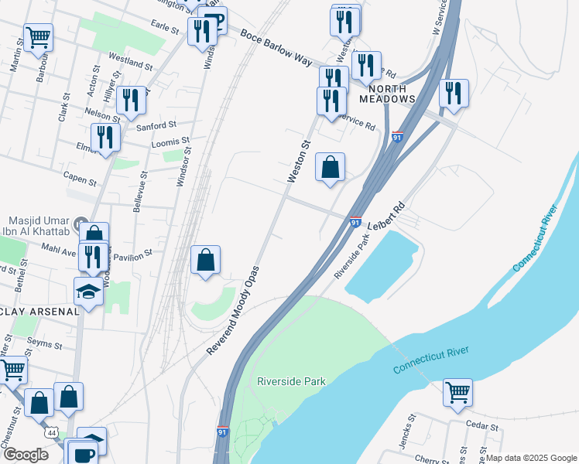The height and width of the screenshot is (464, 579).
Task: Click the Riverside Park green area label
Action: (291, 381)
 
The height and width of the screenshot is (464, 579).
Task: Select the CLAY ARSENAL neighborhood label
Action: (39, 312)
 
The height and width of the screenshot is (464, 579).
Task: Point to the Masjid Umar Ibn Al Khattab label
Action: (39, 226)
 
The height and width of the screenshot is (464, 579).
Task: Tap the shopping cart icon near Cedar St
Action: (457, 391)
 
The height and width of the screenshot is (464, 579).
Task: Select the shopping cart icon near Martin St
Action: (37, 36)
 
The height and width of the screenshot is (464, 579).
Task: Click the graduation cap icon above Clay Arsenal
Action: (89, 292)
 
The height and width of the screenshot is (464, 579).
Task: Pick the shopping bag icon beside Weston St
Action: (330, 167)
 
